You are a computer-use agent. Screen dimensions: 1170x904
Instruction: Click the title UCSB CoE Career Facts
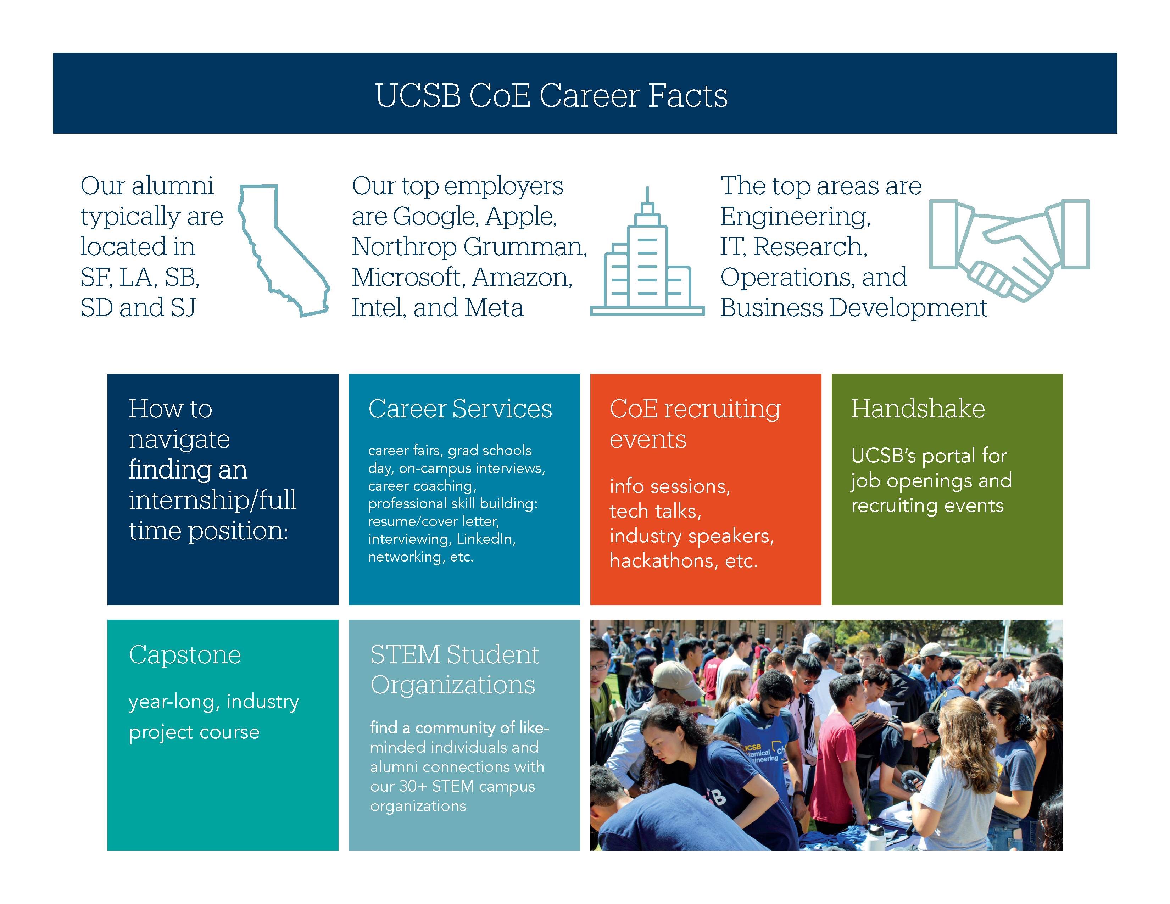[551, 95]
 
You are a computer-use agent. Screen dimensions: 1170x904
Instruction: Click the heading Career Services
[460, 409]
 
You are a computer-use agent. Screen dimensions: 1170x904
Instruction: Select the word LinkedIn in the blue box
[486, 539]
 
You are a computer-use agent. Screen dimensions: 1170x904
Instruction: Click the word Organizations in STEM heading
[453, 685]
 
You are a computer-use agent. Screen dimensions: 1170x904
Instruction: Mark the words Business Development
[853, 308]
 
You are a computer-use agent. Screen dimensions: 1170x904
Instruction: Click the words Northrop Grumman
[469, 247]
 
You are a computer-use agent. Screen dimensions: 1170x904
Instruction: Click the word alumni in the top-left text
[173, 186]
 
